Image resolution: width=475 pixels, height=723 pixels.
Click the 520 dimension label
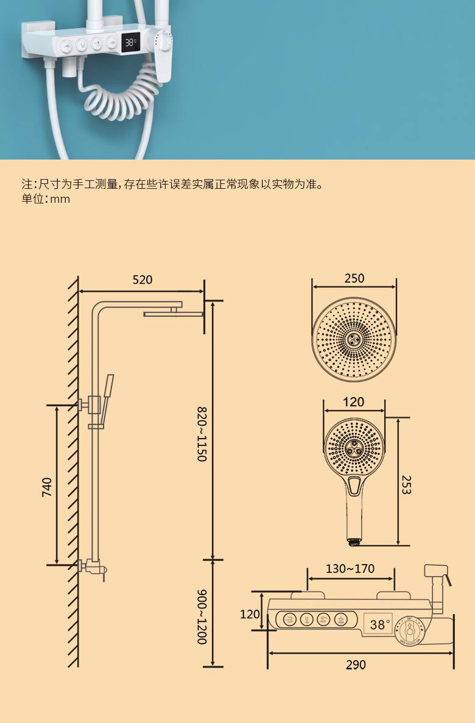[142, 280]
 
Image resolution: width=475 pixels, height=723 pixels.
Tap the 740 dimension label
[47, 487]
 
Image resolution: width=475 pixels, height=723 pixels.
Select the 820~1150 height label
[202, 434]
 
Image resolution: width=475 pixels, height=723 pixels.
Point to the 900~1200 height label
[202, 617]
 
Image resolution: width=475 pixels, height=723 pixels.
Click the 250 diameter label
[354, 278]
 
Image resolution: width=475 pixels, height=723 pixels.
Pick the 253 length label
[406, 485]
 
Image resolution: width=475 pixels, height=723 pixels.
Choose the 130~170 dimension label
[350, 568]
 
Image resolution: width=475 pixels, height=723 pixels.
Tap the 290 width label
[356, 665]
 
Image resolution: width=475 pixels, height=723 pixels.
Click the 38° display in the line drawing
[379, 624]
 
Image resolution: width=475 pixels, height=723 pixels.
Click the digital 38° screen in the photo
[131, 43]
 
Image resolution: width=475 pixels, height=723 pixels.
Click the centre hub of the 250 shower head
[354, 340]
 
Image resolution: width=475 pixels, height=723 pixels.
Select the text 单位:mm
[46, 199]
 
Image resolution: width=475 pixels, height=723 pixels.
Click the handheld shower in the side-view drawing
[106, 400]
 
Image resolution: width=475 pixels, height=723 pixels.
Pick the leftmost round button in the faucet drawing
[289, 619]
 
